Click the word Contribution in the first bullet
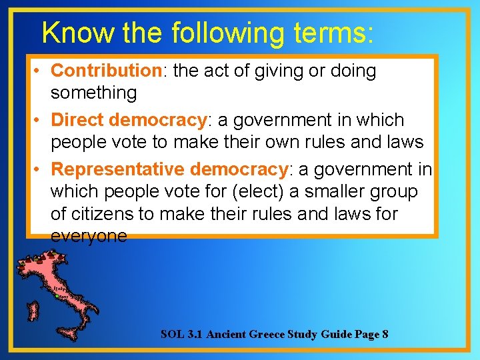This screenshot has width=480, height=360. click(x=106, y=71)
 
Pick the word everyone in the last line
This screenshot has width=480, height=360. click(x=89, y=237)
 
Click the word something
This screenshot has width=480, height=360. click(x=93, y=93)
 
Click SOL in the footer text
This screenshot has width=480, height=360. click(x=171, y=334)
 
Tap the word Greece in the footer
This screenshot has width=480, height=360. click(x=266, y=334)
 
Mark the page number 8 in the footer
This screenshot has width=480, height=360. click(x=385, y=334)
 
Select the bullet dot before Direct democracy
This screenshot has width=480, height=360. click(x=41, y=121)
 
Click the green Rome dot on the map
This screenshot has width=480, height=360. click(x=62, y=296)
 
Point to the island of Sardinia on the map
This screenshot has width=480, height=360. click(x=31, y=311)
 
